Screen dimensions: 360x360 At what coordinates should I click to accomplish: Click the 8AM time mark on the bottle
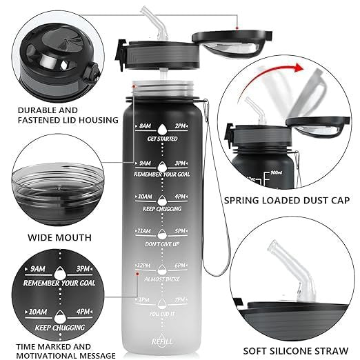click(x=145, y=127)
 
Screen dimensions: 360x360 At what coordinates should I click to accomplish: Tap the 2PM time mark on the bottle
click(x=181, y=127)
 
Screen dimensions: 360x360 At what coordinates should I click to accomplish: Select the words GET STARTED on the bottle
click(x=163, y=139)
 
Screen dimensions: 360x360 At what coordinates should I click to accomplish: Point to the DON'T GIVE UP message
click(x=163, y=245)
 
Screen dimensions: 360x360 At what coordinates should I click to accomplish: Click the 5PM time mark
click(x=181, y=232)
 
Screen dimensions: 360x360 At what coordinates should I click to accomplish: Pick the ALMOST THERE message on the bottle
click(x=163, y=280)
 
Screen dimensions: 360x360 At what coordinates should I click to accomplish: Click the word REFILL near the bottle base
click(x=163, y=340)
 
